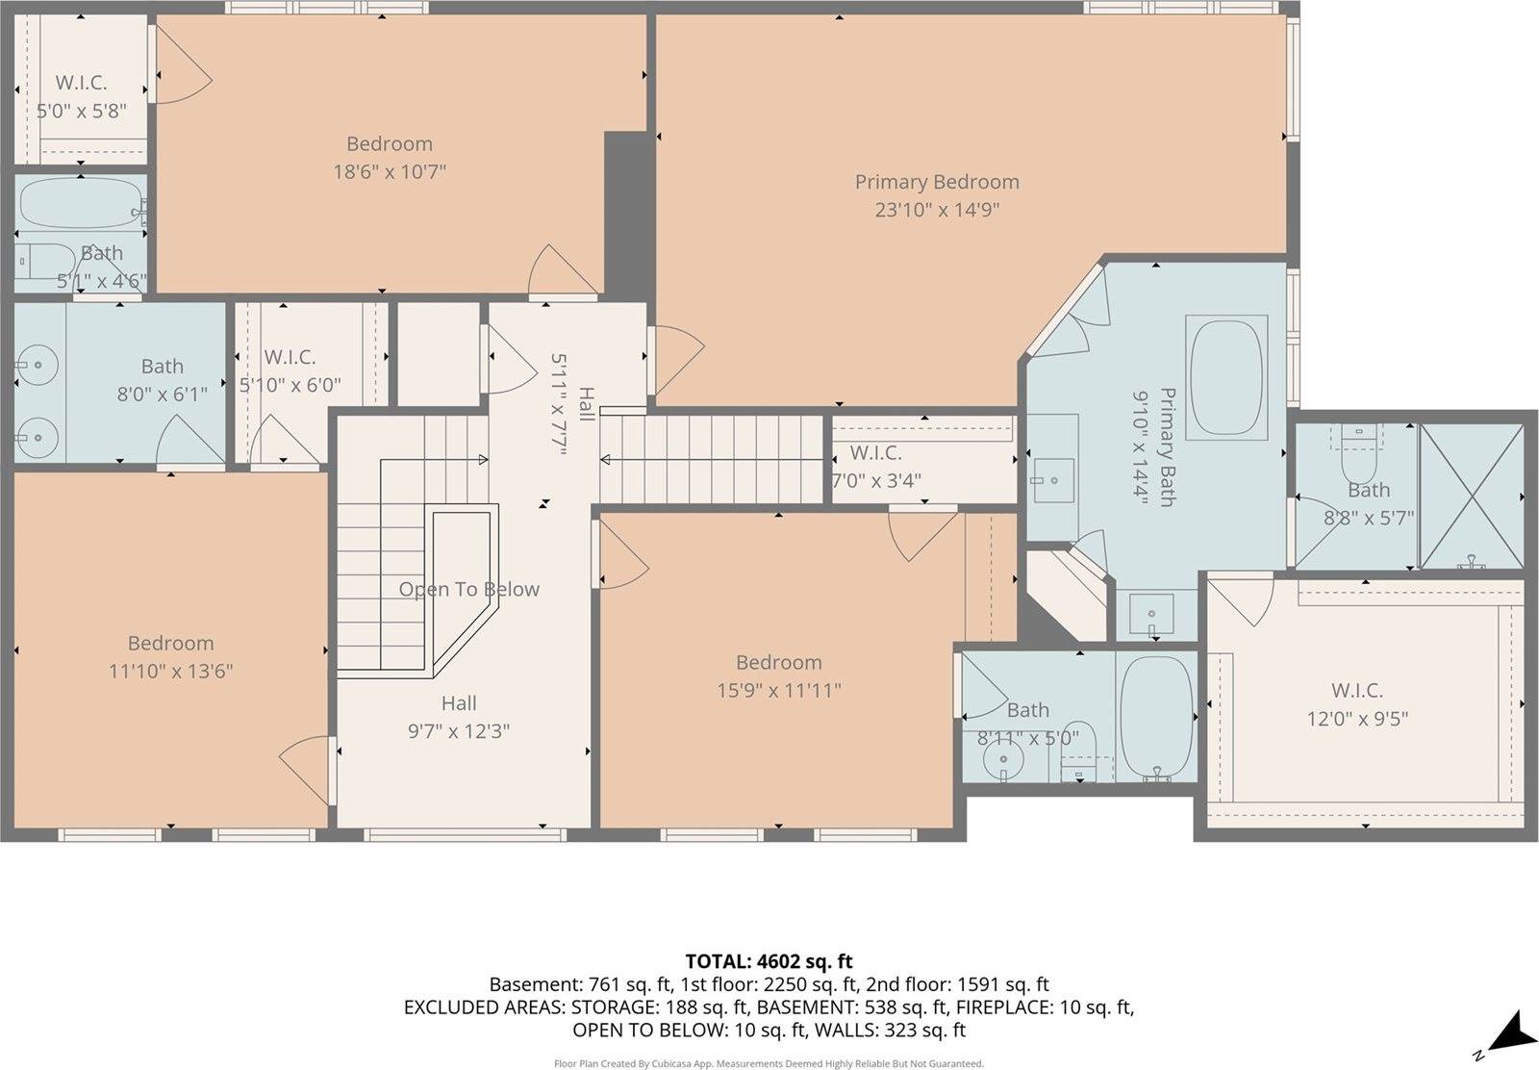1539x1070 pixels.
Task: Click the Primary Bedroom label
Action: coord(936,182)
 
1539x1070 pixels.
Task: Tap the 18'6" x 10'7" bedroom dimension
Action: coord(389,172)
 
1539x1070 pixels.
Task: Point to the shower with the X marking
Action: coord(1472,496)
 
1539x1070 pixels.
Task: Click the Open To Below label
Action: coord(468,589)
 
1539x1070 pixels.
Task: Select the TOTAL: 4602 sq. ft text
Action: coord(769,961)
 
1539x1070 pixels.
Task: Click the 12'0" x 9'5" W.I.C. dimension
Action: coord(1356,718)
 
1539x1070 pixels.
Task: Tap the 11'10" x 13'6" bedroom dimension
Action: coord(170,671)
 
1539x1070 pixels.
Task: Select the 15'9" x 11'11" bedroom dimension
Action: coord(778,690)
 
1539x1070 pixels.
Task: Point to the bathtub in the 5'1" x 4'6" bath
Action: coord(81,203)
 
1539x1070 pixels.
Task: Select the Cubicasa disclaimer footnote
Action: coord(769,1063)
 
